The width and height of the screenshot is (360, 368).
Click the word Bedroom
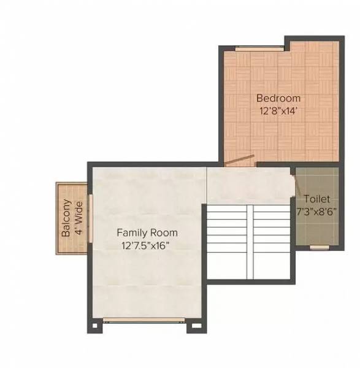coord(278,98)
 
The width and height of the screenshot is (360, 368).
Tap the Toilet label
coord(316,199)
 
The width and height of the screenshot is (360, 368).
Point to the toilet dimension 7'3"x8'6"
coord(316,212)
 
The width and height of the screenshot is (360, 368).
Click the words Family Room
coord(147,233)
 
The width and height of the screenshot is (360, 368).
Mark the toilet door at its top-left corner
coord(293,175)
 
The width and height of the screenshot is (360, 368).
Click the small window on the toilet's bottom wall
coord(318,247)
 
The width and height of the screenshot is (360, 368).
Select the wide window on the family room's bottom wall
coord(144,319)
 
